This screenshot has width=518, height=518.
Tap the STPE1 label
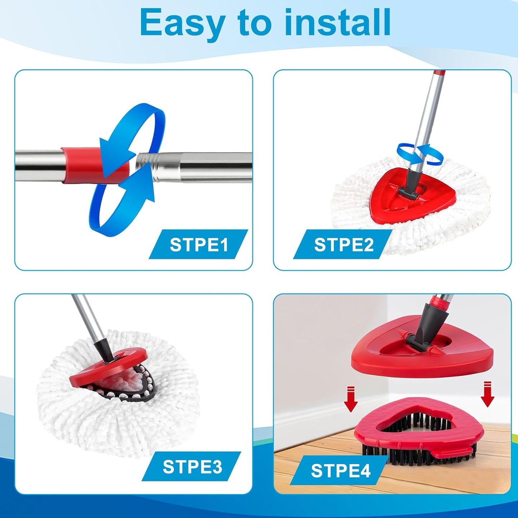pos(199,244)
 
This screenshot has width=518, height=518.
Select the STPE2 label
pos(343,244)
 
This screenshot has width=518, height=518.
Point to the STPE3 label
pos(192,467)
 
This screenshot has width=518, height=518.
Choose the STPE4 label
pos(341,470)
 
